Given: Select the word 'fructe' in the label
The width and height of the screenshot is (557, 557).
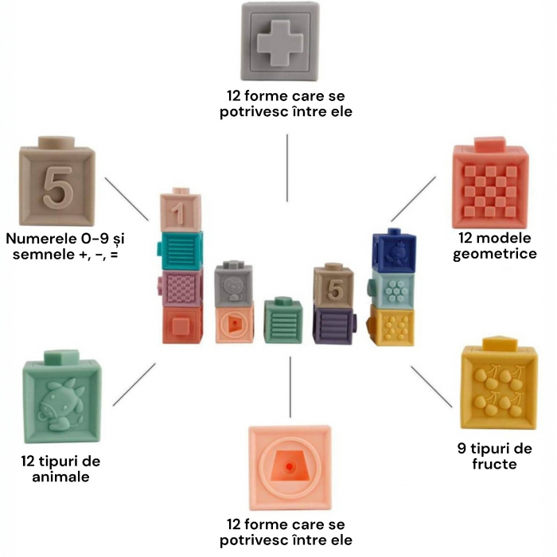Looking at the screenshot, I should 491,464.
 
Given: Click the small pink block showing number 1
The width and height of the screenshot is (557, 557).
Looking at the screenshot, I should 181,212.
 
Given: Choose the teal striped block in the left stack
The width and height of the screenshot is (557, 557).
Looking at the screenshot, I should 182,251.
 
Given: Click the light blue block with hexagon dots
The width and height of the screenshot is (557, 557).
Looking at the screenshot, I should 394,290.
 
